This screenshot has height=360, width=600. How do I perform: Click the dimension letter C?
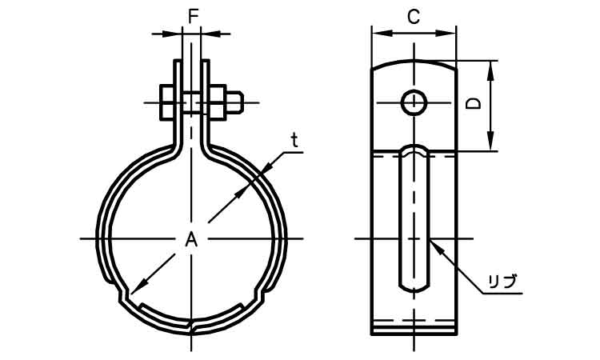[414, 17]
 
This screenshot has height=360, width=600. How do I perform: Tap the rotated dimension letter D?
[474, 104]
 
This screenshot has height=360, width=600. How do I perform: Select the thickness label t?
[294, 140]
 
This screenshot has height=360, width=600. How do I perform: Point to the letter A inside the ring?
[191, 240]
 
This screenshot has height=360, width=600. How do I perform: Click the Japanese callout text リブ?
[503, 282]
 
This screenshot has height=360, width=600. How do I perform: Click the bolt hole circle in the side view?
[414, 102]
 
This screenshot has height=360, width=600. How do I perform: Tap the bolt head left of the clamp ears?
[167, 102]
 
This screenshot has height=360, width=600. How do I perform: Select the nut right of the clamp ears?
[217, 102]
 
